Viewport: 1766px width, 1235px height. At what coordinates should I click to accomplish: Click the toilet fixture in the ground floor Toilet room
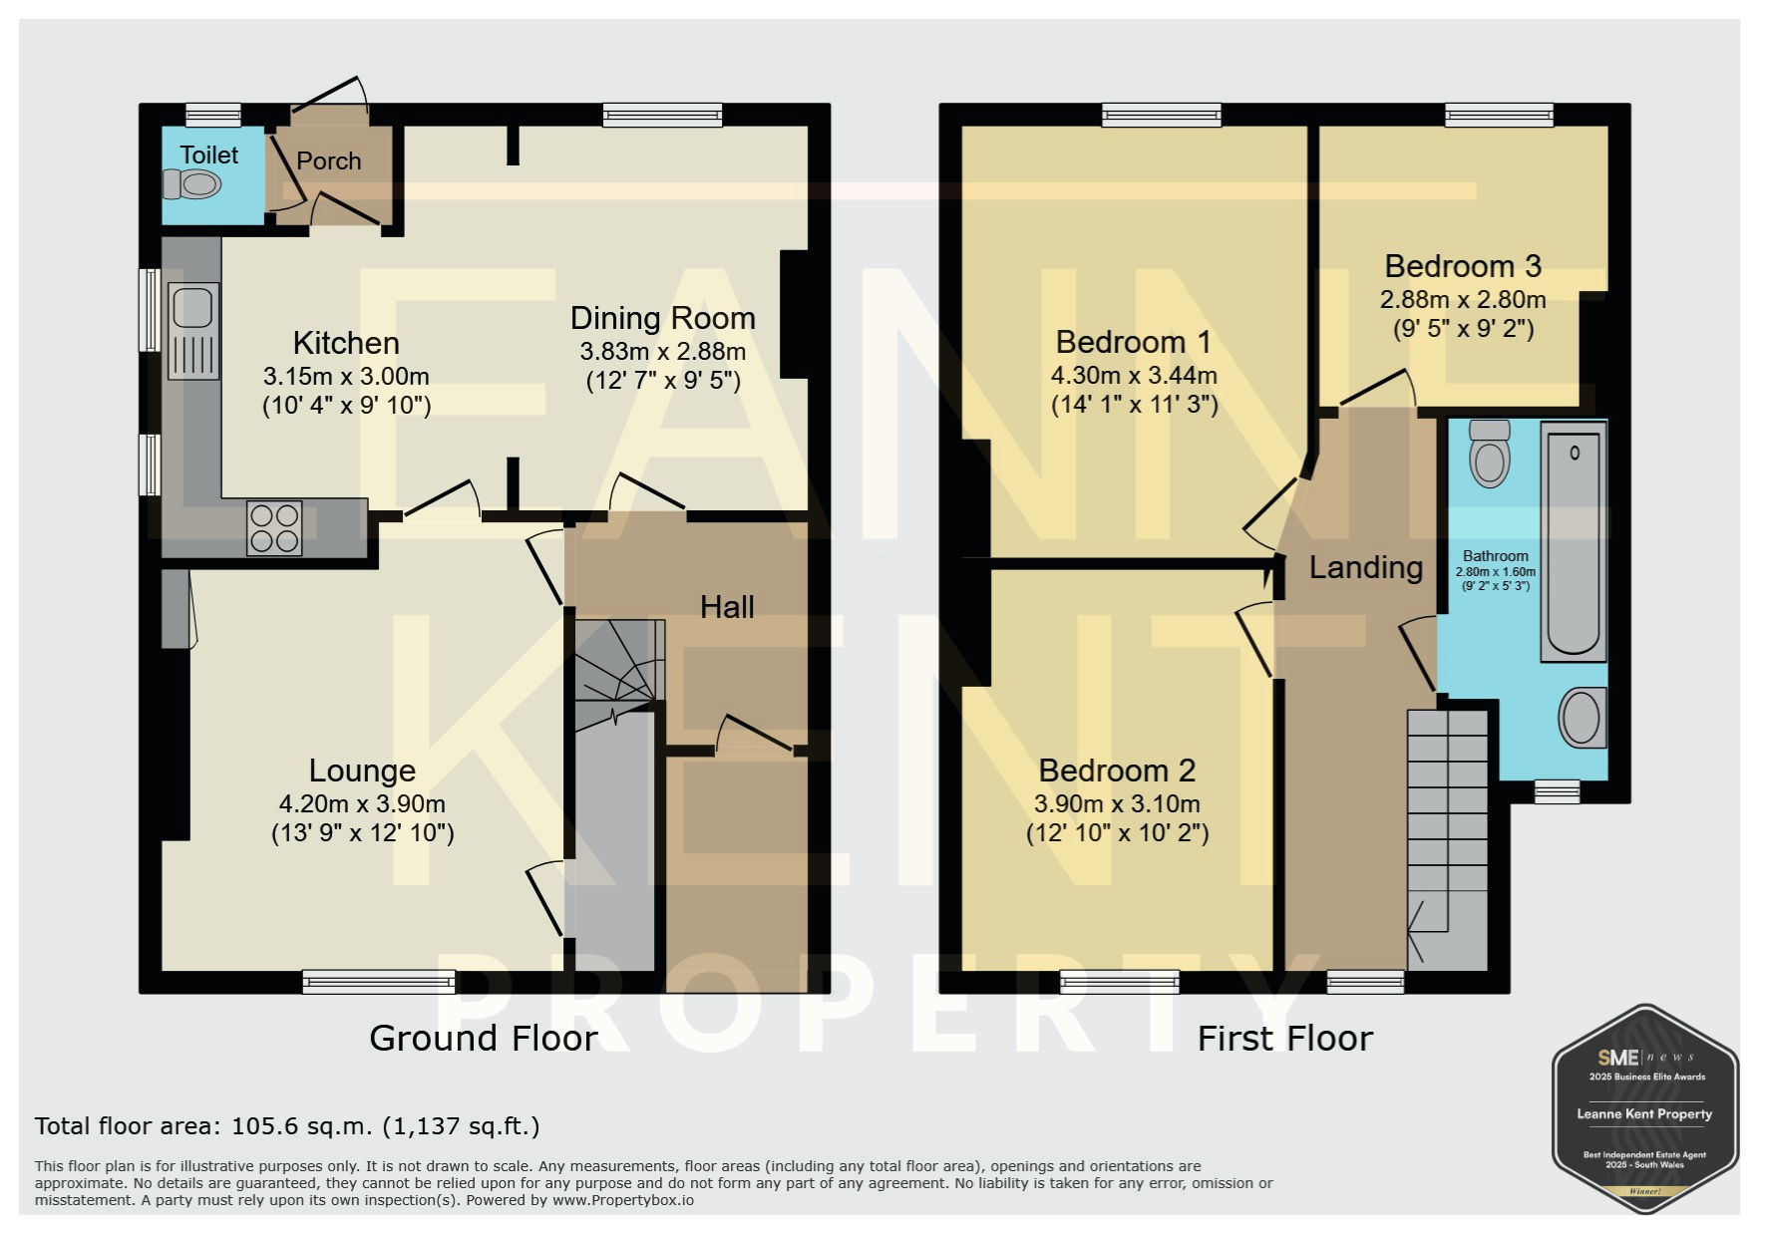[x=190, y=183]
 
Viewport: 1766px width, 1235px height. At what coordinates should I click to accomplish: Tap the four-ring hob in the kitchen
[x=274, y=528]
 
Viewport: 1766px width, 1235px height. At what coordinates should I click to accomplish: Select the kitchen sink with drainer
[x=193, y=331]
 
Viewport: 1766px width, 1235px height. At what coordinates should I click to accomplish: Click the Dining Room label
[x=663, y=318]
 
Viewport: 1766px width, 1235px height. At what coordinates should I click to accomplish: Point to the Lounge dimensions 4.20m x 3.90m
[x=362, y=803]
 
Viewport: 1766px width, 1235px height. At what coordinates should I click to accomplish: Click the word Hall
[x=727, y=607]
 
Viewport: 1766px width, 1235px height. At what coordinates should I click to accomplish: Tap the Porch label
[x=329, y=160]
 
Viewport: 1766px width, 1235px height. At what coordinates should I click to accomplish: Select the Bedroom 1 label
[x=1134, y=342]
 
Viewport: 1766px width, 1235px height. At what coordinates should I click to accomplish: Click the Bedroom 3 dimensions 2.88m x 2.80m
[x=1463, y=299]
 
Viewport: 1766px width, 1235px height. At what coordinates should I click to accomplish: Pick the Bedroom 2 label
[x=1117, y=771]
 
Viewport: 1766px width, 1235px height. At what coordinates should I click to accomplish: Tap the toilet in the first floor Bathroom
[x=1490, y=454]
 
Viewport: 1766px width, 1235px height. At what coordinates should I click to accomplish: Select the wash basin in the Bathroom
[x=1583, y=718]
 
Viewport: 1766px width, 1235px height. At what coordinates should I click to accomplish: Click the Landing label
[x=1365, y=568]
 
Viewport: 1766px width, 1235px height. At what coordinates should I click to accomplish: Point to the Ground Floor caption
[x=484, y=1039]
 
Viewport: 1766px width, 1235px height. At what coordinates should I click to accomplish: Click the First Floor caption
[x=1285, y=1039]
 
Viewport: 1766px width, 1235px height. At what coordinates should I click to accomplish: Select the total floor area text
[x=287, y=1126]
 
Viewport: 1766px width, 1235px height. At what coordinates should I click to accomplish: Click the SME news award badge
[x=1645, y=1108]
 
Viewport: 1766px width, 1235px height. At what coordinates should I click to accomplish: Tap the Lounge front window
[x=379, y=982]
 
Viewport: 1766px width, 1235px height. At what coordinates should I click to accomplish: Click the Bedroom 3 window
[x=1499, y=116]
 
